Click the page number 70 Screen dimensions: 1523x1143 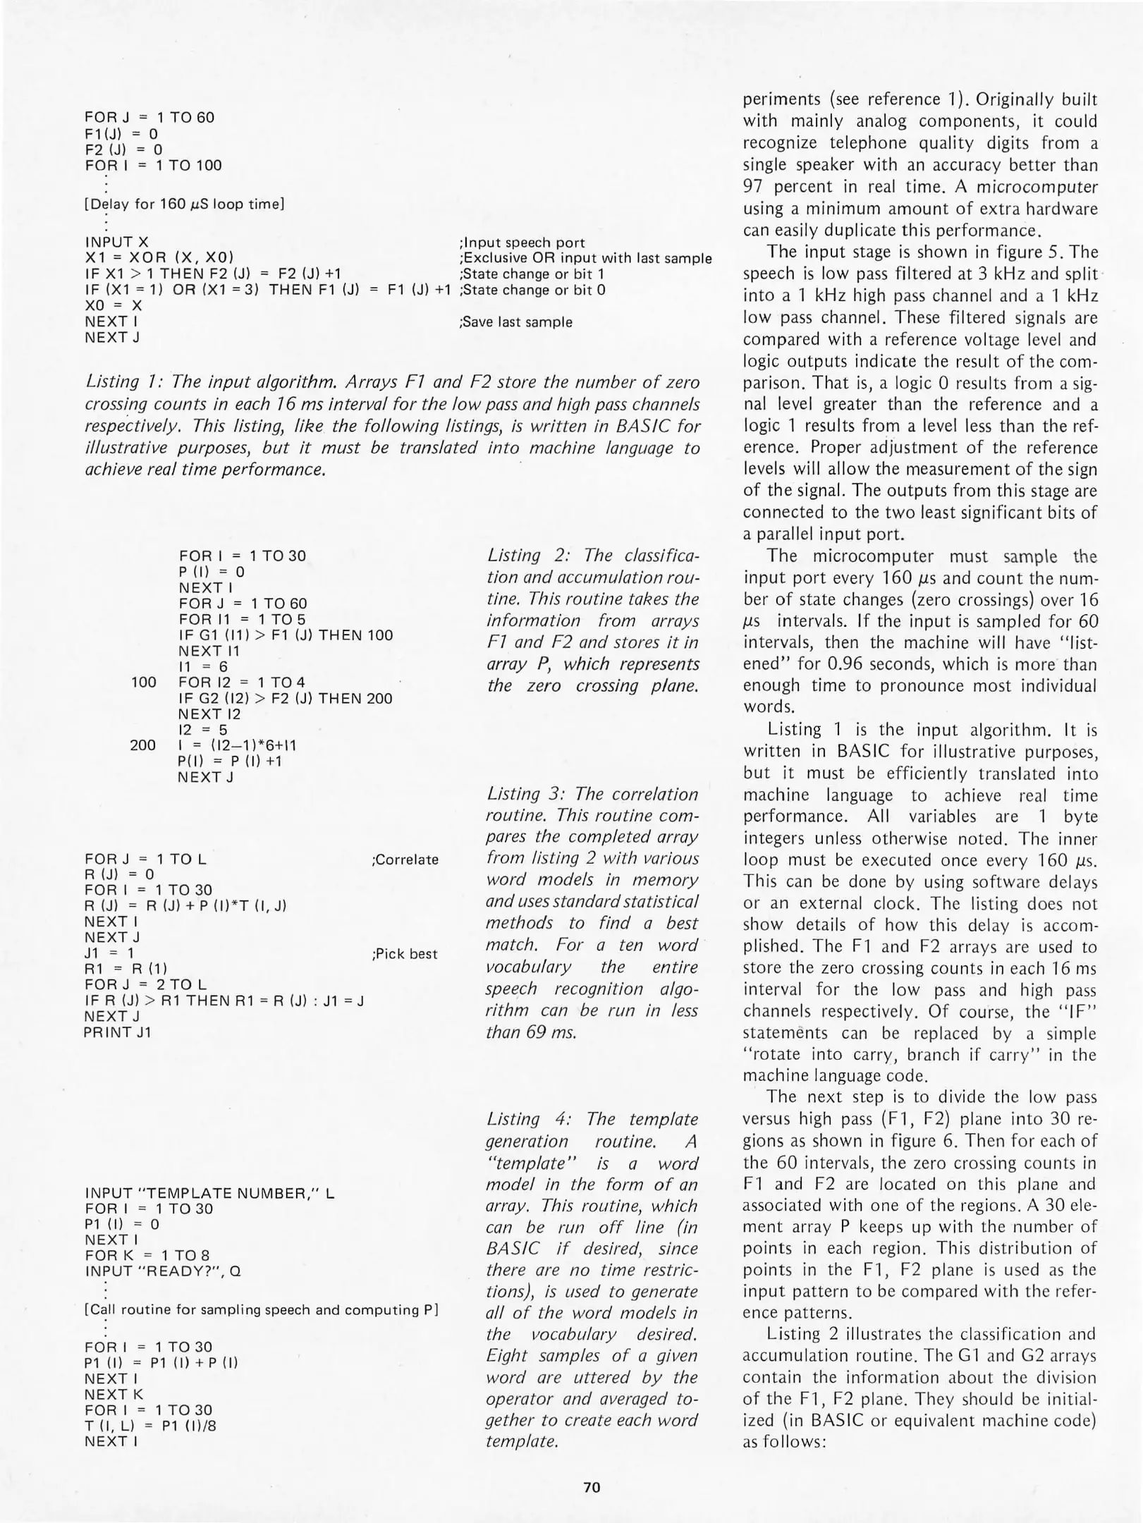pyautogui.click(x=592, y=1488)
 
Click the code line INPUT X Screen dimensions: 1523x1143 pyautogui.click(x=116, y=242)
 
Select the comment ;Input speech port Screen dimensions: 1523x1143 pyautogui.click(x=522, y=243)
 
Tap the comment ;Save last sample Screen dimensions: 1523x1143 pyautogui.click(x=515, y=322)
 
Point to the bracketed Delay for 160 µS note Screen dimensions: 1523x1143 pyautogui.click(x=184, y=204)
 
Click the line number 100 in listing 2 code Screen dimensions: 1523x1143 pyautogui.click(x=144, y=682)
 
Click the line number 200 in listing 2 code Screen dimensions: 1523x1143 pyautogui.click(x=144, y=745)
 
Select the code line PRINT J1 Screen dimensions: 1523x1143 pyautogui.click(x=117, y=1032)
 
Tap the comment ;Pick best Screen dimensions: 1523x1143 pyautogui.click(x=404, y=954)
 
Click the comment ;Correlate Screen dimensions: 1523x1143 pyautogui.click(x=405, y=860)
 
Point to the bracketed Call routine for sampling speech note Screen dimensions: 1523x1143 pyautogui.click(x=262, y=1310)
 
